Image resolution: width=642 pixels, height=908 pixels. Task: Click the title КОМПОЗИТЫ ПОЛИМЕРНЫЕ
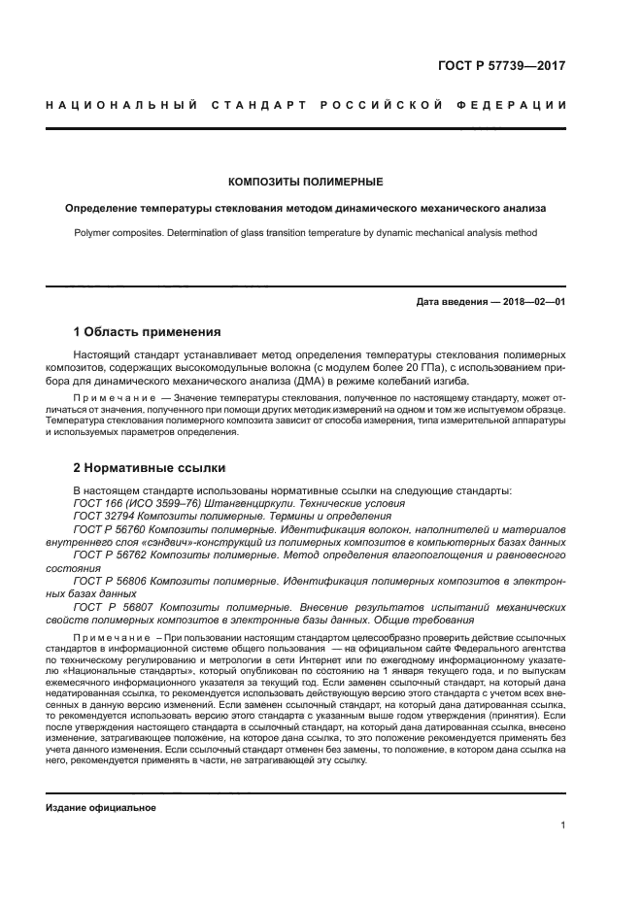pos(305,182)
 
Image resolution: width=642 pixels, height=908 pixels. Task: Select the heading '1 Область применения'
pos(147,331)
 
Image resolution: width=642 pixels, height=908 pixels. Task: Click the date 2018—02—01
pos(531,302)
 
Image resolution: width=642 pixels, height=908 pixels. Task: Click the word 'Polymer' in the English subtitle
pos(94,232)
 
